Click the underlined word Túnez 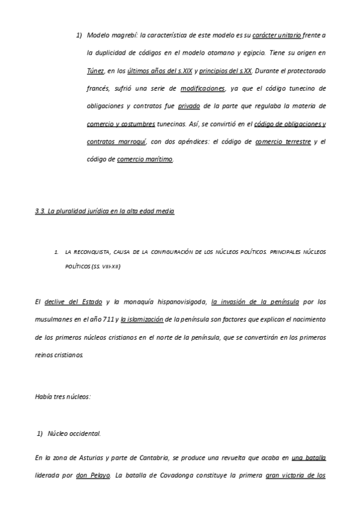coord(96,70)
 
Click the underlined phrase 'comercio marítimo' coord(145,159)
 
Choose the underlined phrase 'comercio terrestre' coord(283,142)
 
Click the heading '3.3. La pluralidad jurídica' coord(105,212)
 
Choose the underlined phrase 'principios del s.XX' coord(226,70)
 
